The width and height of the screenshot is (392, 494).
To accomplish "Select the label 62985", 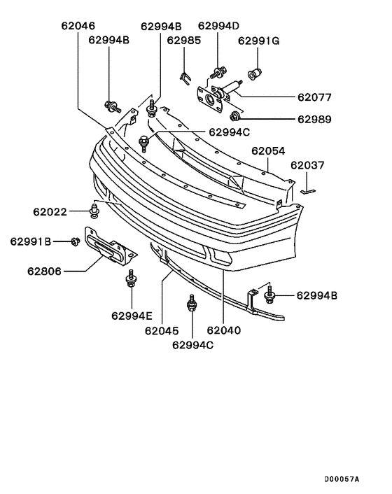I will (x=183, y=41).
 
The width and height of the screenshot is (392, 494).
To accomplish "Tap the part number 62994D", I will (x=218, y=27).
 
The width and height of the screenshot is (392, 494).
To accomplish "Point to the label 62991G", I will (x=258, y=41).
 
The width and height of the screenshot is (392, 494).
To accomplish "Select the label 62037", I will (x=308, y=165).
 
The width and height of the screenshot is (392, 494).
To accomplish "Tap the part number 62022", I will (x=50, y=211).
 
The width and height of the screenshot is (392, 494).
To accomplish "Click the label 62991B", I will (x=31, y=241).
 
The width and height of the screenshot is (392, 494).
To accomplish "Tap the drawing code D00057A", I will (x=342, y=479).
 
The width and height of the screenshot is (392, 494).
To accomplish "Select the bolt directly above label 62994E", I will (x=130, y=281).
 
